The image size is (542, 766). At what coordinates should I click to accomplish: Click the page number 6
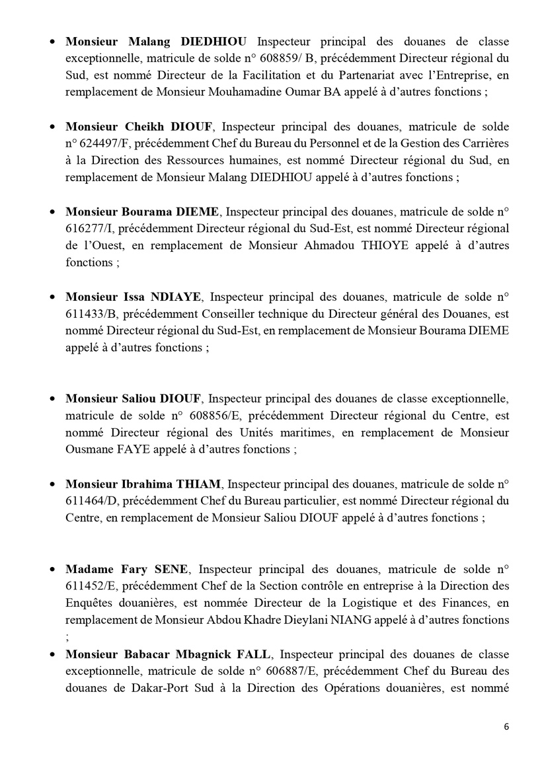tap(506, 726)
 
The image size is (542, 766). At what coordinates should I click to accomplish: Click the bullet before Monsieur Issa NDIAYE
tap(53, 297)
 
